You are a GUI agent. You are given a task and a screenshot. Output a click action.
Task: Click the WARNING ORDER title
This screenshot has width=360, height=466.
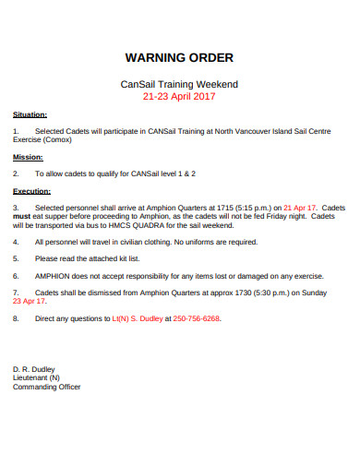180,57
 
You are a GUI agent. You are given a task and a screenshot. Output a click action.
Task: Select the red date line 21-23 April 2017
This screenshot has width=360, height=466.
180,95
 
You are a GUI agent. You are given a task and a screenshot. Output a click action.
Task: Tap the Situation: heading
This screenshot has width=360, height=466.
30,115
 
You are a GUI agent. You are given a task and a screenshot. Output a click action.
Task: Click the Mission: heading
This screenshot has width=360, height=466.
27,157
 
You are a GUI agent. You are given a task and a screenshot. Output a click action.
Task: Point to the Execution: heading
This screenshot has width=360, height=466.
31,191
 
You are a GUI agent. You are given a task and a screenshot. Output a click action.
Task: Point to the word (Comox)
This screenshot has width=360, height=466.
59,141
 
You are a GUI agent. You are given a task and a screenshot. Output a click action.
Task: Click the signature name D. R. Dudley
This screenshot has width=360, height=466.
35,368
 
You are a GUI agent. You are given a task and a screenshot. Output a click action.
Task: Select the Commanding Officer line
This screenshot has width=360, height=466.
46,387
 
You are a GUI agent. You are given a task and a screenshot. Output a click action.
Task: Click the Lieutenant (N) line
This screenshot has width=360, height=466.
36,377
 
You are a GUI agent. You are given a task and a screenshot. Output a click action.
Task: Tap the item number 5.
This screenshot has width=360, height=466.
16,258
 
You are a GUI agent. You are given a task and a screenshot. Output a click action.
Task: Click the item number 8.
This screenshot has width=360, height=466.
16,317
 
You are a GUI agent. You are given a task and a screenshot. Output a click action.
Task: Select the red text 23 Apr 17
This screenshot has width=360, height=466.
29,301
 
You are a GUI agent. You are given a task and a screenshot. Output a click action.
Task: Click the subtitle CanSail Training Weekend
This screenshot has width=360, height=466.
180,83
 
